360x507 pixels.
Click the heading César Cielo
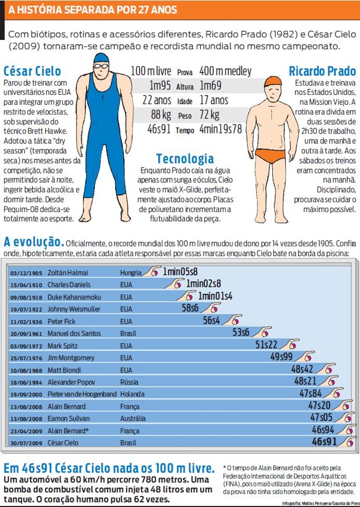(32, 71)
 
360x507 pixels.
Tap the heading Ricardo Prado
(322, 71)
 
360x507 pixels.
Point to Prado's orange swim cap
(273, 81)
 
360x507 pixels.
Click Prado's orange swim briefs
(271, 155)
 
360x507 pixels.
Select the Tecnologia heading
(185, 159)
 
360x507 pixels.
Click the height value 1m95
(160, 86)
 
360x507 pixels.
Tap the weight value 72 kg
(209, 115)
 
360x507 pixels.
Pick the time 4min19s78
(220, 129)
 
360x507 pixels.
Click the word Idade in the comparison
(185, 101)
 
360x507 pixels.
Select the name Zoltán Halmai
(68, 273)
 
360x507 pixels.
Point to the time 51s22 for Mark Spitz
(266, 345)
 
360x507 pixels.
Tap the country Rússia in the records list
(129, 382)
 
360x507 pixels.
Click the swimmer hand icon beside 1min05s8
(152, 271)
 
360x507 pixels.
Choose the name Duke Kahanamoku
(74, 297)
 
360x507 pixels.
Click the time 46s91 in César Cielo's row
(324, 442)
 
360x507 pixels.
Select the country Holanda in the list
(133, 394)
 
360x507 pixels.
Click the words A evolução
(34, 242)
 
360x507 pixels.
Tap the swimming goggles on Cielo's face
(101, 67)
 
